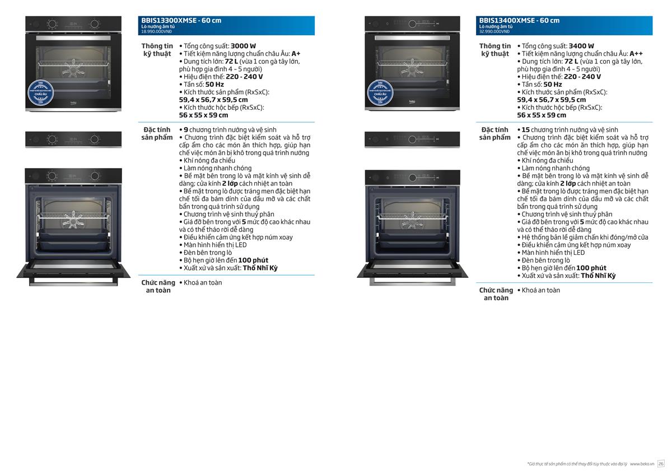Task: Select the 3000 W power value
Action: (243, 46)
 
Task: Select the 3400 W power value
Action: (581, 46)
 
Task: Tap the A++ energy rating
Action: (636, 54)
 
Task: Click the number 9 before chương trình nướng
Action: (186, 130)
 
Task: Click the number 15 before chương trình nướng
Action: (525, 130)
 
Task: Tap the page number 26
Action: (661, 463)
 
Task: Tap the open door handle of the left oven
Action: (74, 280)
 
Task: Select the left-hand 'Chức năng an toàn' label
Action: (158, 286)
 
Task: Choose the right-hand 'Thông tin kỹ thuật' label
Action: (495, 50)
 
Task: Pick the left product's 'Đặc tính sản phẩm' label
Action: (157, 133)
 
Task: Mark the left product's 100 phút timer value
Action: (253, 260)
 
